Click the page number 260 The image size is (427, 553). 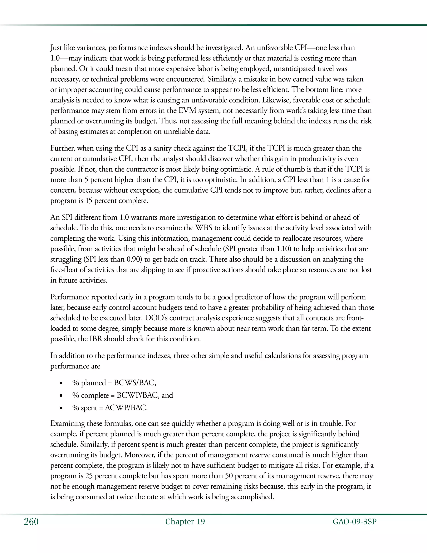[x=31, y=522]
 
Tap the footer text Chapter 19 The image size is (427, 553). [x=185, y=522]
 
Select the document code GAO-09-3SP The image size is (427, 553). [x=354, y=522]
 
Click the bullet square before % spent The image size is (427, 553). [x=61, y=408]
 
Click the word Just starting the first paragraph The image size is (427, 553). [x=56, y=48]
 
